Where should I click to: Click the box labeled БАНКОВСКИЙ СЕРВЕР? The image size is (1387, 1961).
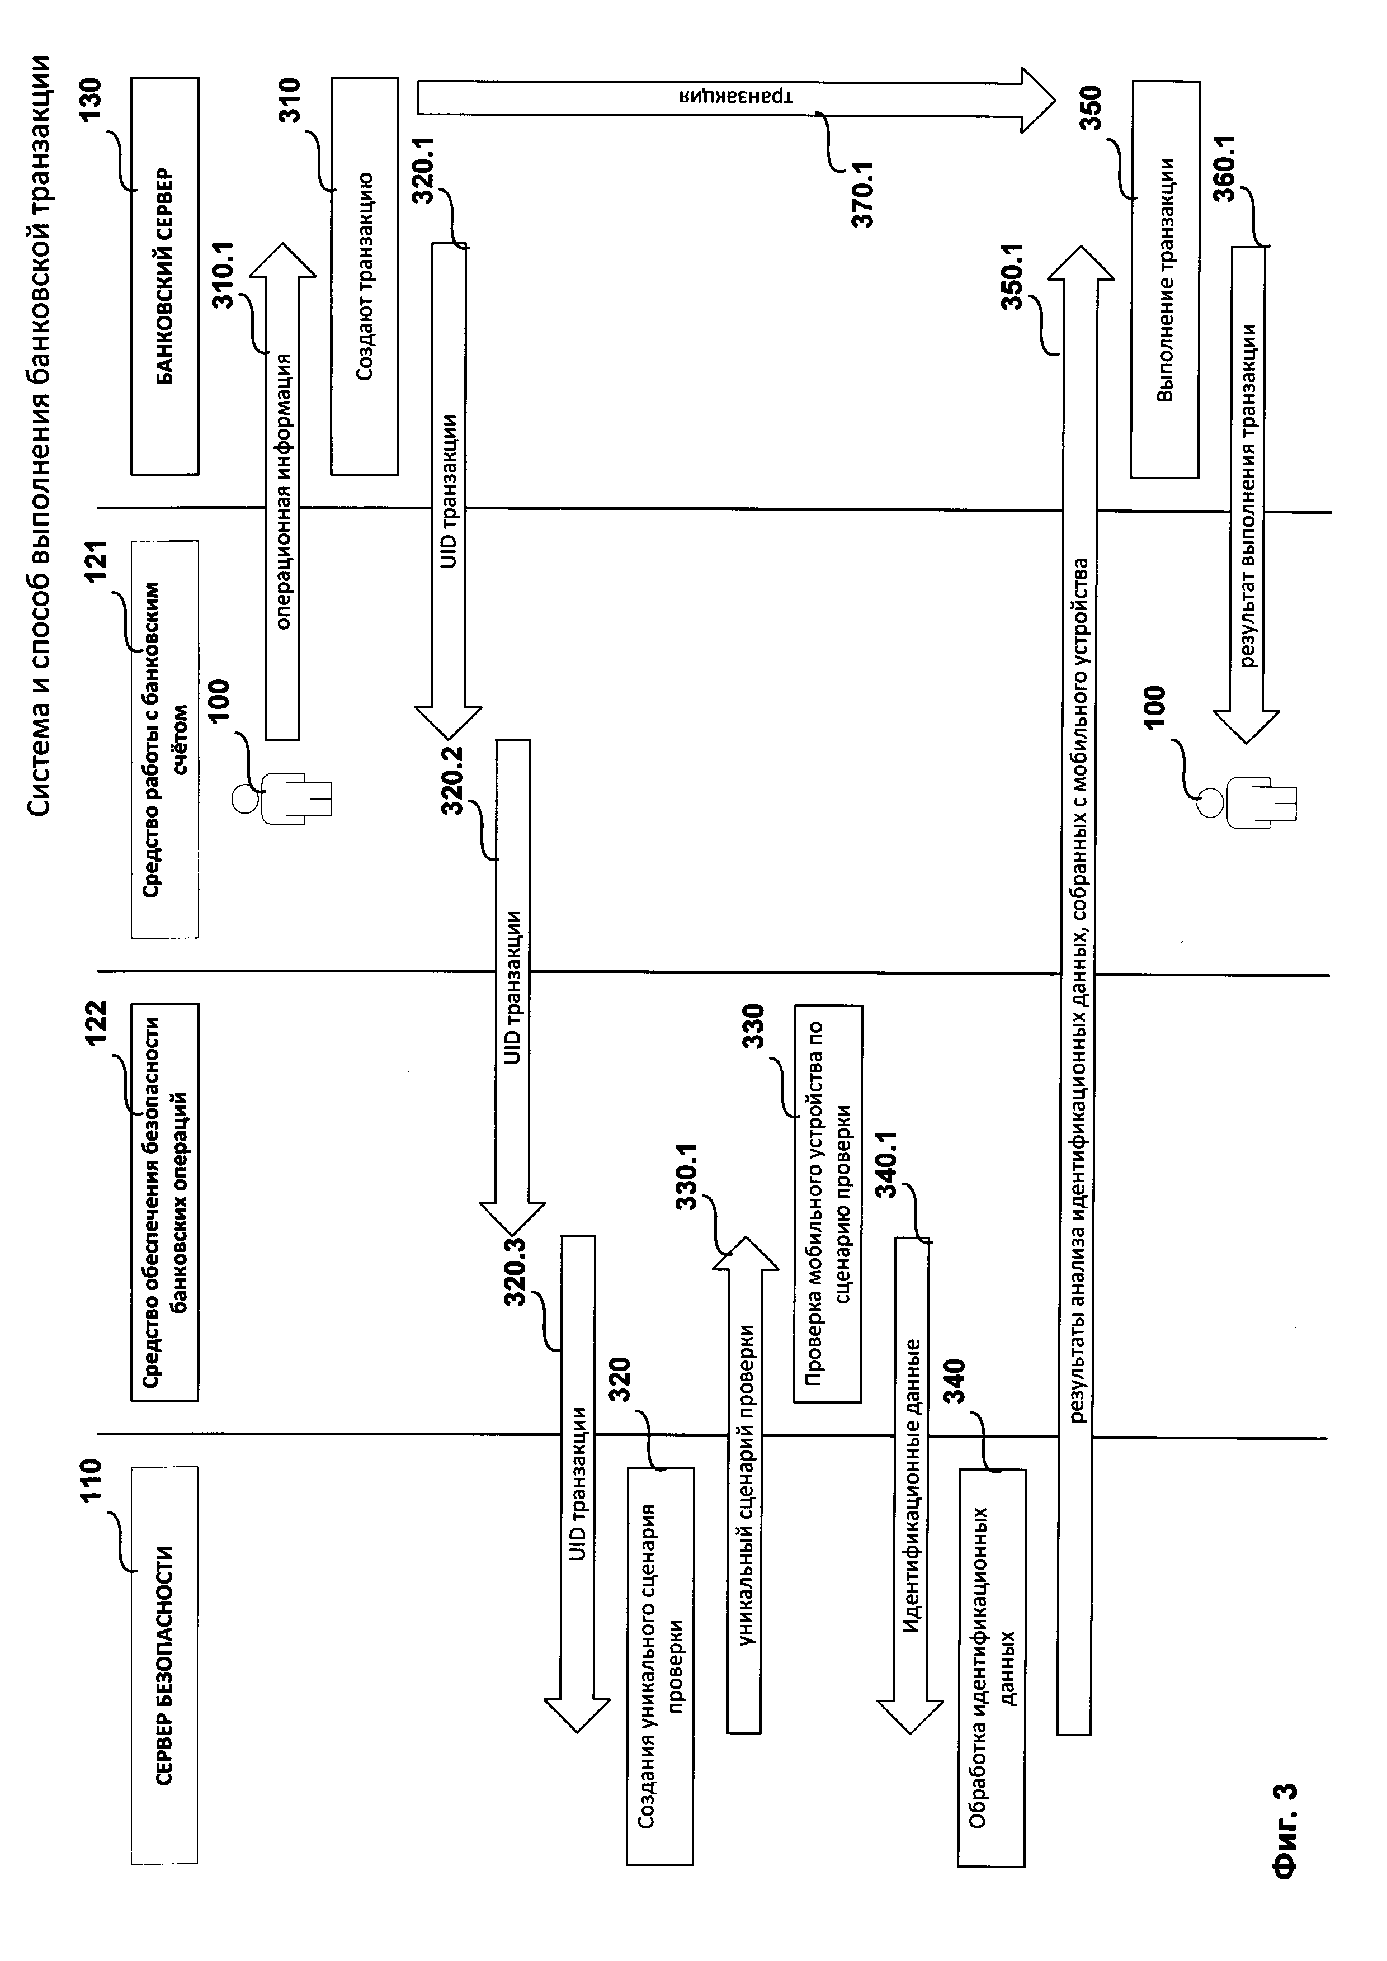pos(165,275)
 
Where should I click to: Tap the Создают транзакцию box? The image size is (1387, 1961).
pos(365,275)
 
